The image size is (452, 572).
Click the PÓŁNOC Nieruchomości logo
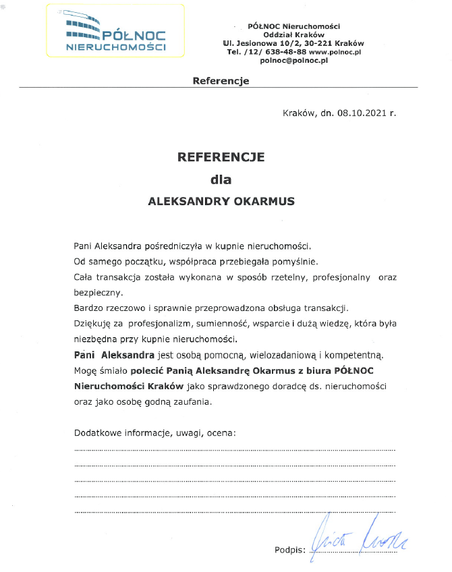tap(115, 32)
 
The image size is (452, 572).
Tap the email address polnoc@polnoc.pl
tap(293, 60)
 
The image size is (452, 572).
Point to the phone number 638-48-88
tap(286, 51)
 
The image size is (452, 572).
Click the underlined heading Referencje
tap(221, 81)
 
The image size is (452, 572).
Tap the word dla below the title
tap(221, 180)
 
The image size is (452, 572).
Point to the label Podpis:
tap(290, 550)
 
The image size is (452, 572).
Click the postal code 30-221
tap(319, 42)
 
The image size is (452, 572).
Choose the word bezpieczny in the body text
tap(98, 293)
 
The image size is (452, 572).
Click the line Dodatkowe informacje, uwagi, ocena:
tap(155, 432)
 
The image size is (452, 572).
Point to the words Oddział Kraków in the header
tap(293, 34)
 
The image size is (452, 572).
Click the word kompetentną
tap(351, 354)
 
